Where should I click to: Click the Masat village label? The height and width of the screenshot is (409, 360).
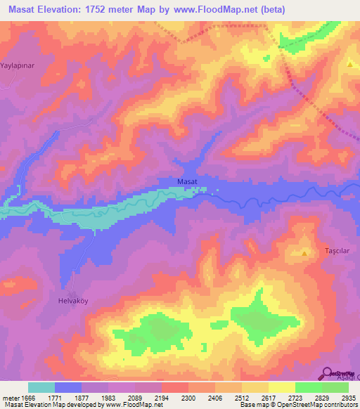pyautogui.click(x=186, y=182)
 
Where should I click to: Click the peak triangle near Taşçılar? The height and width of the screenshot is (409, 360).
pyautogui.click(x=304, y=252)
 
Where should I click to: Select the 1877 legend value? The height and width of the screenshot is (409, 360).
pyautogui.click(x=82, y=398)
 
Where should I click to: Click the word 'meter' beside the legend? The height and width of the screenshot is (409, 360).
pyautogui.click(x=10, y=398)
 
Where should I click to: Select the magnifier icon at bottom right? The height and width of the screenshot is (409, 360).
pyautogui.click(x=328, y=372)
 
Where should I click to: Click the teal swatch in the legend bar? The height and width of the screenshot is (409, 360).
pyautogui.click(x=41, y=387)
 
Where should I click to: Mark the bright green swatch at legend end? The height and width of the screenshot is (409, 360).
pyautogui.click(x=335, y=387)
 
